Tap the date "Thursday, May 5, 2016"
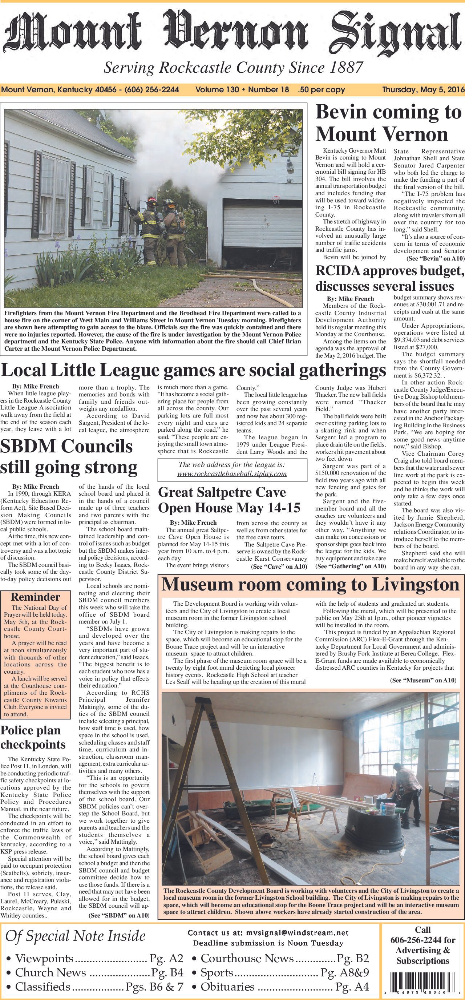pos(423,90)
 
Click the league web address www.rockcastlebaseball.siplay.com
pos(232,473)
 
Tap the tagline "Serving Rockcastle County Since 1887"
pos(233,68)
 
